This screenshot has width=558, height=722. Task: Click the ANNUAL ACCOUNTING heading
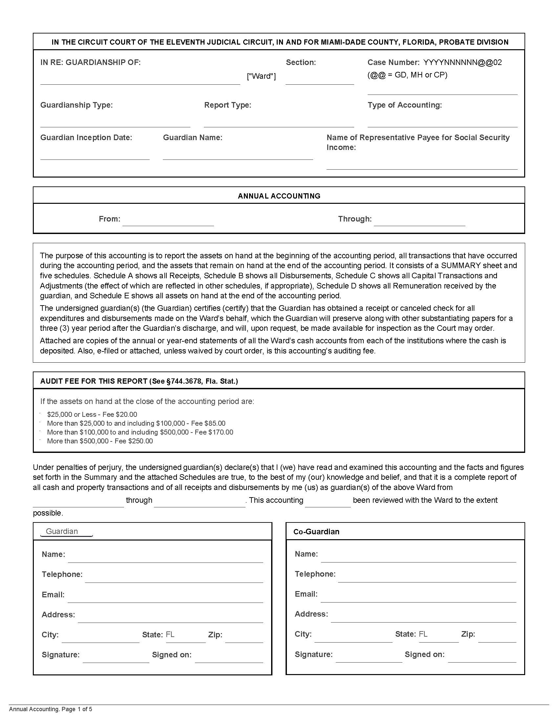pyautogui.click(x=279, y=196)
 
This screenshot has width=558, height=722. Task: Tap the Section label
pyautogui.click(x=300, y=62)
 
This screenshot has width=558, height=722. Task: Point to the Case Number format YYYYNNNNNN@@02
pyautogui.click(x=462, y=62)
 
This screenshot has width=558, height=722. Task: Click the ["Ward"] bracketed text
pyautogui.click(x=261, y=76)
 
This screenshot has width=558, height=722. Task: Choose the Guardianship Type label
pyautogui.click(x=76, y=105)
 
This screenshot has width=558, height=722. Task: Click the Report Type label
pyautogui.click(x=227, y=105)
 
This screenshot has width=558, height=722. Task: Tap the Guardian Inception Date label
pyautogui.click(x=86, y=137)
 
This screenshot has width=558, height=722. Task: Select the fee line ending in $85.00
pyautogui.click(x=136, y=423)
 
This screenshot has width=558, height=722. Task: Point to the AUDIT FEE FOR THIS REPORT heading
pyautogui.click(x=139, y=381)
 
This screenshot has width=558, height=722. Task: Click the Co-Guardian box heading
pyautogui.click(x=316, y=531)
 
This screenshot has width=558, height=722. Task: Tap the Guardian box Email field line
pyautogui.click(x=165, y=598)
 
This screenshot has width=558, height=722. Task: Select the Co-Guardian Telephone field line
pyautogui.click(x=426, y=578)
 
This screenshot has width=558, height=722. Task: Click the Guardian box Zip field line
pyautogui.click(x=244, y=638)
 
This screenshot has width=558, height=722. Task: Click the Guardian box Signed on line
pyautogui.click(x=228, y=659)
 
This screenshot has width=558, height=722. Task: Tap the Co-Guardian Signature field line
pyautogui.click(x=369, y=658)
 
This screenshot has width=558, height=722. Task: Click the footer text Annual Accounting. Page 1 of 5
pyautogui.click(x=51, y=709)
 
